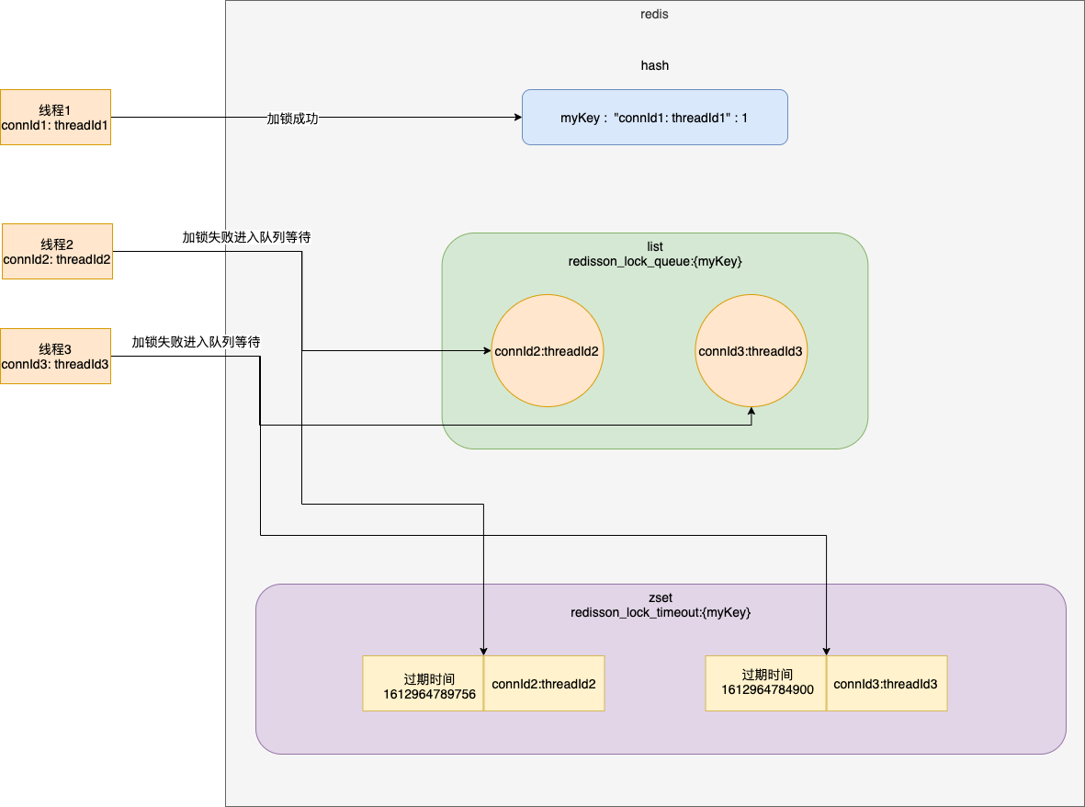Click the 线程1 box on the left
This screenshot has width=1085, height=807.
click(x=55, y=117)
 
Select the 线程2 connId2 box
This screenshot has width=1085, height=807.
click(x=57, y=251)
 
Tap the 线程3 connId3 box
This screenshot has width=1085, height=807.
click(x=55, y=356)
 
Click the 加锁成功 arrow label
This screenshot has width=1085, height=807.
click(x=292, y=119)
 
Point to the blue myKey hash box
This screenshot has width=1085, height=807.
click(x=654, y=117)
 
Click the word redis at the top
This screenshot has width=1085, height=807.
click(x=654, y=15)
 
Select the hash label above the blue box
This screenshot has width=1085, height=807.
click(x=654, y=65)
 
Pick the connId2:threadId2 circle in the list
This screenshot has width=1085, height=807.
click(x=547, y=350)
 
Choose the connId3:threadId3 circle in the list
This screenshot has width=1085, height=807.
click(x=751, y=350)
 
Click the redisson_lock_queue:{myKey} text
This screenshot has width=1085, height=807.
click(x=654, y=262)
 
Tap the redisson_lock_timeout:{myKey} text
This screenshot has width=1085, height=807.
click(x=660, y=612)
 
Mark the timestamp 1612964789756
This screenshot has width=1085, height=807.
click(x=429, y=694)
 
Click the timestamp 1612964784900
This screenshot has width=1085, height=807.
click(x=766, y=689)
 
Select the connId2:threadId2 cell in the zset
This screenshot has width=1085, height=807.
click(x=544, y=684)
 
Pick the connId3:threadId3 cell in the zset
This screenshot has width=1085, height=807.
click(x=886, y=684)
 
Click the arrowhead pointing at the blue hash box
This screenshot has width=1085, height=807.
click(x=516, y=118)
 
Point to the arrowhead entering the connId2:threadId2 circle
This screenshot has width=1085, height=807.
click(x=486, y=350)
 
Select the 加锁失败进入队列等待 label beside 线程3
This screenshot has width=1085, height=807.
click(x=196, y=342)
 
